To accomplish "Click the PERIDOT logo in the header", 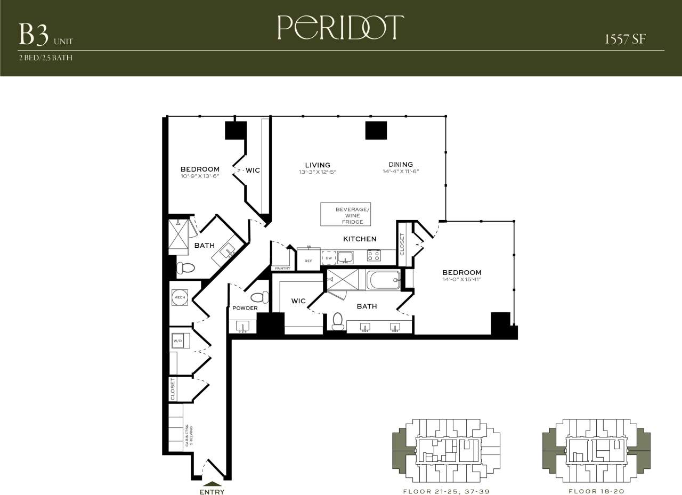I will (340, 28).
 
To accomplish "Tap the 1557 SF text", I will (626, 39).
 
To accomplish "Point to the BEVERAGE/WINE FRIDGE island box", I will (346, 214).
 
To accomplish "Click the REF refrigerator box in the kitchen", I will (308, 259).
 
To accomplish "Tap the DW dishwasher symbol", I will (329, 258).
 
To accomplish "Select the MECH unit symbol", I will (180, 297).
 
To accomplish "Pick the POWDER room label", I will (245, 308).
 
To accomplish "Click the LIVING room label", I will (318, 165).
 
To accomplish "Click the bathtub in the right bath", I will (383, 280).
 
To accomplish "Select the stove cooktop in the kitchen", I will (374, 256).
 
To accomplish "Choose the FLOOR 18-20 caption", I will (596, 491).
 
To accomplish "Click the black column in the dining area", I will (376, 131).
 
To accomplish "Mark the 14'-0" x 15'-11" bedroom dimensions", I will (461, 279).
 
